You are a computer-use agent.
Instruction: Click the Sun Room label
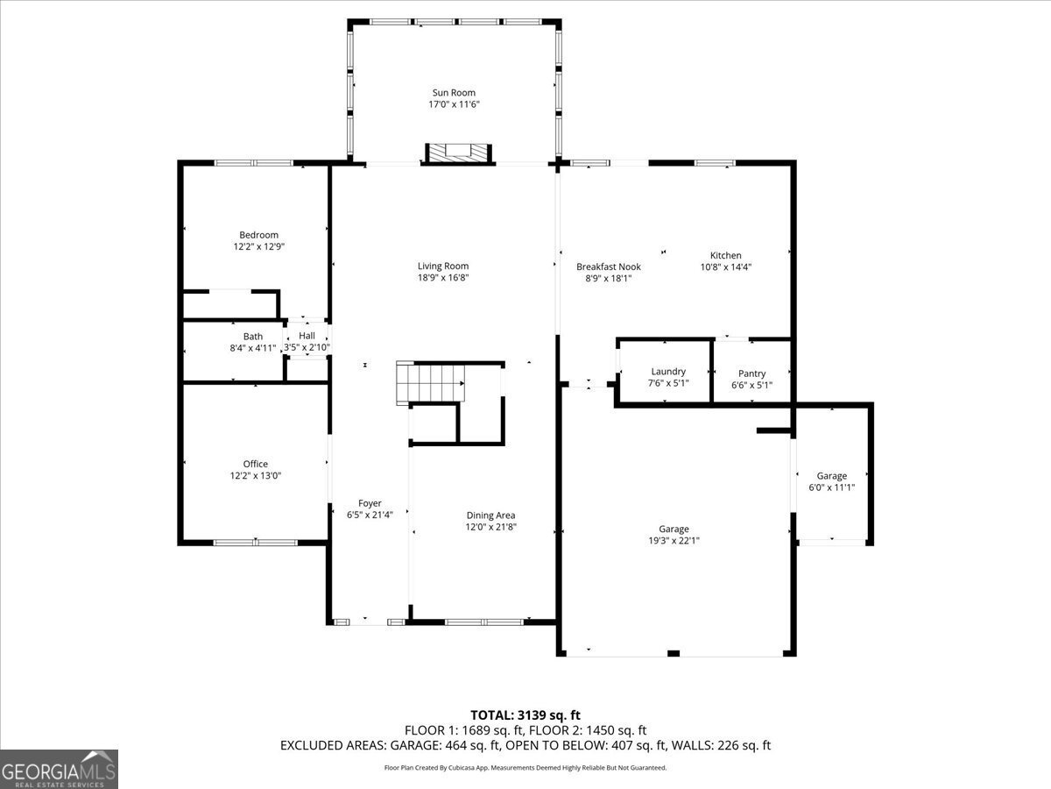point(454,92)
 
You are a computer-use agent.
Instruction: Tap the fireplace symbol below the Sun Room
point(455,153)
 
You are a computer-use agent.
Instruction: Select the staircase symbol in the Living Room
point(430,384)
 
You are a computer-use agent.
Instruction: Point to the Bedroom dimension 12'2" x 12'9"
point(258,247)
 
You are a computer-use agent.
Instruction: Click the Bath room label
point(252,336)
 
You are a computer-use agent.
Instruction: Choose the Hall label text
point(307,336)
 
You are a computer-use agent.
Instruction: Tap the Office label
point(256,464)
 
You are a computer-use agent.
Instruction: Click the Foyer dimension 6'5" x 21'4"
point(370,515)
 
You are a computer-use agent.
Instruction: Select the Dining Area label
point(490,515)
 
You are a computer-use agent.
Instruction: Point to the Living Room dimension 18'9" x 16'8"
point(442,279)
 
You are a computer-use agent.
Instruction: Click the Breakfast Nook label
point(608,267)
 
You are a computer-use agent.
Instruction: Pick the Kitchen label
point(725,255)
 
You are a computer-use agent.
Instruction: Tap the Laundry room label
point(668,372)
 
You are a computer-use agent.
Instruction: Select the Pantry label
point(751,373)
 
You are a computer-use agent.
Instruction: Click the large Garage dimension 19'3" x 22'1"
point(674,541)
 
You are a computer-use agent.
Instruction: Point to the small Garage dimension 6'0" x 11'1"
point(831,487)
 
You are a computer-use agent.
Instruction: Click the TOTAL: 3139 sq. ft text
point(525,714)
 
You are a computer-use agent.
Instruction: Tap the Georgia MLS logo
point(59,769)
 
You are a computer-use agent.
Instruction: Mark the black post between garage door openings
point(673,653)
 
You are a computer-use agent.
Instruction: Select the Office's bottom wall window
point(256,543)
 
